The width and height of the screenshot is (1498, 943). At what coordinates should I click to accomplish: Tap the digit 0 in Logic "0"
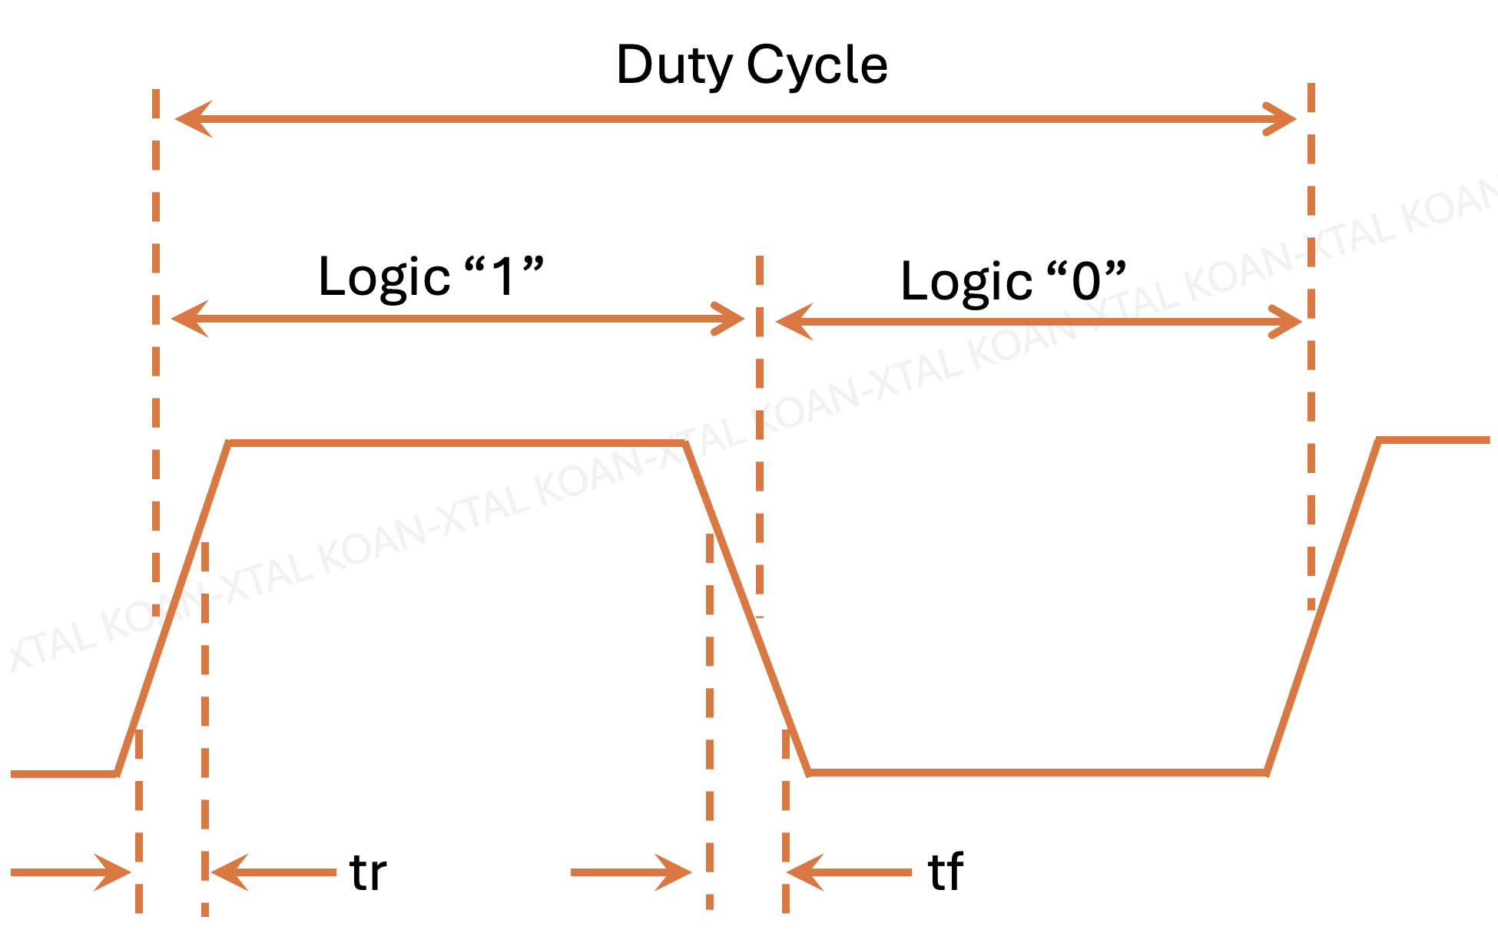pos(1086,281)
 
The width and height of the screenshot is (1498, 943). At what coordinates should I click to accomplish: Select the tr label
pos(368,873)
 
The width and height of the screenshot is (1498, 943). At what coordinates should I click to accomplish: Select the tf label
pos(945,873)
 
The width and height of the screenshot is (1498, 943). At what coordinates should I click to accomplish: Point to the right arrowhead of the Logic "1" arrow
pos(730,319)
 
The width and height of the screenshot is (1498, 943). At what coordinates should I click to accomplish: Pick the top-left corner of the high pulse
pos(229,443)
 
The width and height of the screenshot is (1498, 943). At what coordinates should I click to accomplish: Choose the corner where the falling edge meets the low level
pos(809,772)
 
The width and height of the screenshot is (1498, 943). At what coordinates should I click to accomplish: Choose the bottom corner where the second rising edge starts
pos(1266,772)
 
